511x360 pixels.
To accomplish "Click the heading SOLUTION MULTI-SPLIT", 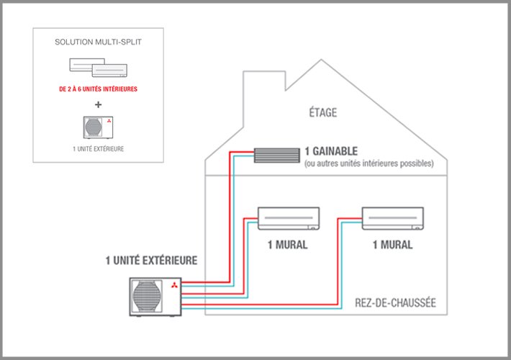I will [x=97, y=42].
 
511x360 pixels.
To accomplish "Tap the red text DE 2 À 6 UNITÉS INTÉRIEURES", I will [x=97, y=89].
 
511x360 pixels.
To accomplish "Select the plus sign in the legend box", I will [x=97, y=103].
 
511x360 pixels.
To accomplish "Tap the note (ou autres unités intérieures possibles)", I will [x=368, y=163].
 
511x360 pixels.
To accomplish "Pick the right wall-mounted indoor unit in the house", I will [x=393, y=217].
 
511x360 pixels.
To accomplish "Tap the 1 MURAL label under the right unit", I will [x=393, y=245].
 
